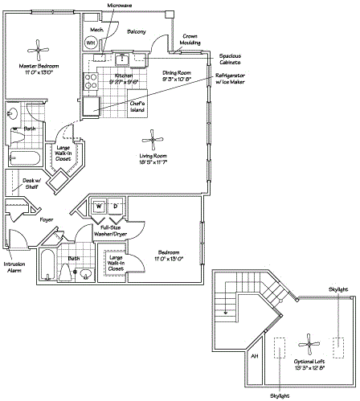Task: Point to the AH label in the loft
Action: tap(255, 354)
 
